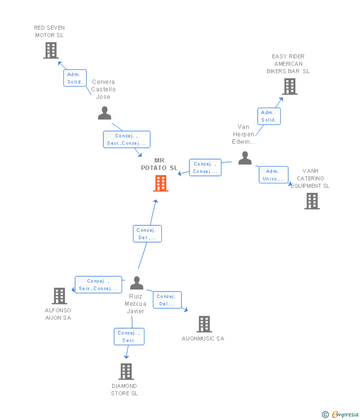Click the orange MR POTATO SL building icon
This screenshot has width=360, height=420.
click(161, 183)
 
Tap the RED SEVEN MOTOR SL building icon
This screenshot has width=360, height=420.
click(51, 50)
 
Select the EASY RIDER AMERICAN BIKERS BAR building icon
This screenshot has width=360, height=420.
click(290, 86)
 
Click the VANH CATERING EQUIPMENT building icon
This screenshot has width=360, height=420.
click(312, 201)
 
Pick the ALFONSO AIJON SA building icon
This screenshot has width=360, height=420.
click(59, 296)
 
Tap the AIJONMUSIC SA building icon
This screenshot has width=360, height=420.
click(204, 324)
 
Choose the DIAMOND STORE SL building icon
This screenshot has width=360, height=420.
click(126, 372)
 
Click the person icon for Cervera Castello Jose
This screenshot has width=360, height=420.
click(104, 113)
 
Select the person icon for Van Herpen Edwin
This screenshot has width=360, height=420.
click(245, 158)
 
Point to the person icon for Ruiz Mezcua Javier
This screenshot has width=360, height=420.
click(136, 283)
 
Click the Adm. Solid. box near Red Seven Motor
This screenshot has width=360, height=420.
click(75, 78)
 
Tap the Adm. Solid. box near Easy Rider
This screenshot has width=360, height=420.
click(269, 116)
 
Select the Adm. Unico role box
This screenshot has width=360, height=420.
click(273, 174)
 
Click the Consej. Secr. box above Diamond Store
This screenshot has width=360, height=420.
click(129, 336)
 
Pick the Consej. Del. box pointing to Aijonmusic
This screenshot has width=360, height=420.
click(167, 300)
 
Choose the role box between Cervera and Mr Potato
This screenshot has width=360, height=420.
click(127, 139)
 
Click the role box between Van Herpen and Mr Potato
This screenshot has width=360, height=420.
click(205, 168)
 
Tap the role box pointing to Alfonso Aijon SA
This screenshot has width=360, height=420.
click(98, 285)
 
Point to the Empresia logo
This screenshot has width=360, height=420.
click(340, 415)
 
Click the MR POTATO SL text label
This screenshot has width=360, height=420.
click(159, 164)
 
